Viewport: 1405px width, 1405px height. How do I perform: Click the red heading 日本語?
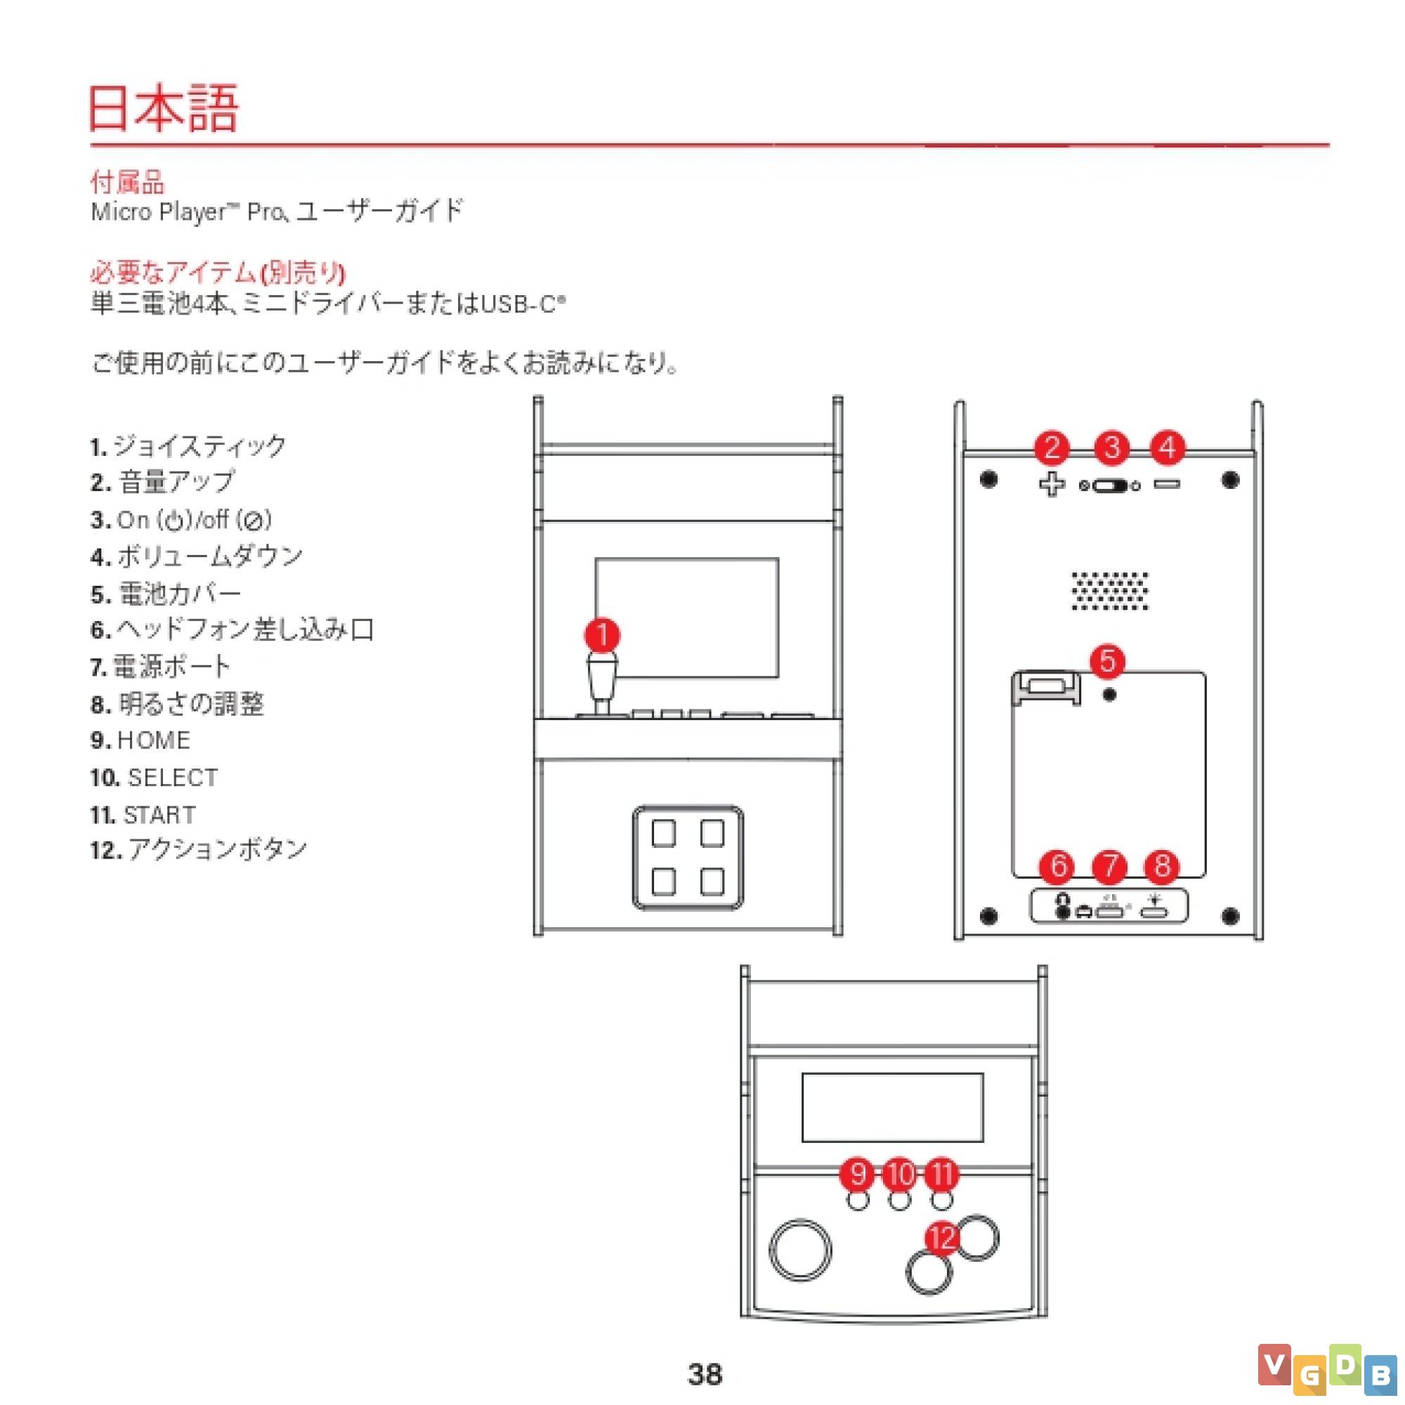pyautogui.click(x=164, y=108)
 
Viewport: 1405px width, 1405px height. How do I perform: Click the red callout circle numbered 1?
pyautogui.click(x=602, y=635)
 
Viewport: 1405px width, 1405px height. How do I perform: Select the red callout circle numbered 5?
pyautogui.click(x=1108, y=661)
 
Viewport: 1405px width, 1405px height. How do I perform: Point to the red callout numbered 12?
pyautogui.click(x=943, y=1238)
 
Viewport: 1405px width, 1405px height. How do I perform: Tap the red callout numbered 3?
pyautogui.click(x=1112, y=448)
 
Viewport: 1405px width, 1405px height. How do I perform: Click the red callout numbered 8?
pyautogui.click(x=1162, y=865)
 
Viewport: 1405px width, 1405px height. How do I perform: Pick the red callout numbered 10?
pyautogui.click(x=901, y=1174)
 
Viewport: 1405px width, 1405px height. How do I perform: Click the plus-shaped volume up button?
pyautogui.click(x=1052, y=484)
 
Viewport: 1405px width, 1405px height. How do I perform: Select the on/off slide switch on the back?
pyautogui.click(x=1110, y=486)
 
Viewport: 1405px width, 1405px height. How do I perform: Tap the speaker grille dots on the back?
pyautogui.click(x=1110, y=591)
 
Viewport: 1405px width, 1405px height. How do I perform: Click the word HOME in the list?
pyautogui.click(x=153, y=740)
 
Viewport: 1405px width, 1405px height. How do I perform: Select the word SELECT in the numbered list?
pyautogui.click(x=173, y=778)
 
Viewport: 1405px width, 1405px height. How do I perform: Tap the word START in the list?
pyautogui.click(x=159, y=814)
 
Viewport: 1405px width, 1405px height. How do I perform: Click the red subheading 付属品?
pyautogui.click(x=127, y=182)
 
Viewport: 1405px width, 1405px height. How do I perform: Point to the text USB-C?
pyautogui.click(x=518, y=303)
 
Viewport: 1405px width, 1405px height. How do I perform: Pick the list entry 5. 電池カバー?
pyautogui.click(x=166, y=594)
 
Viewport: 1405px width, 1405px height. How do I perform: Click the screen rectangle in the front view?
pyautogui.click(x=686, y=617)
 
